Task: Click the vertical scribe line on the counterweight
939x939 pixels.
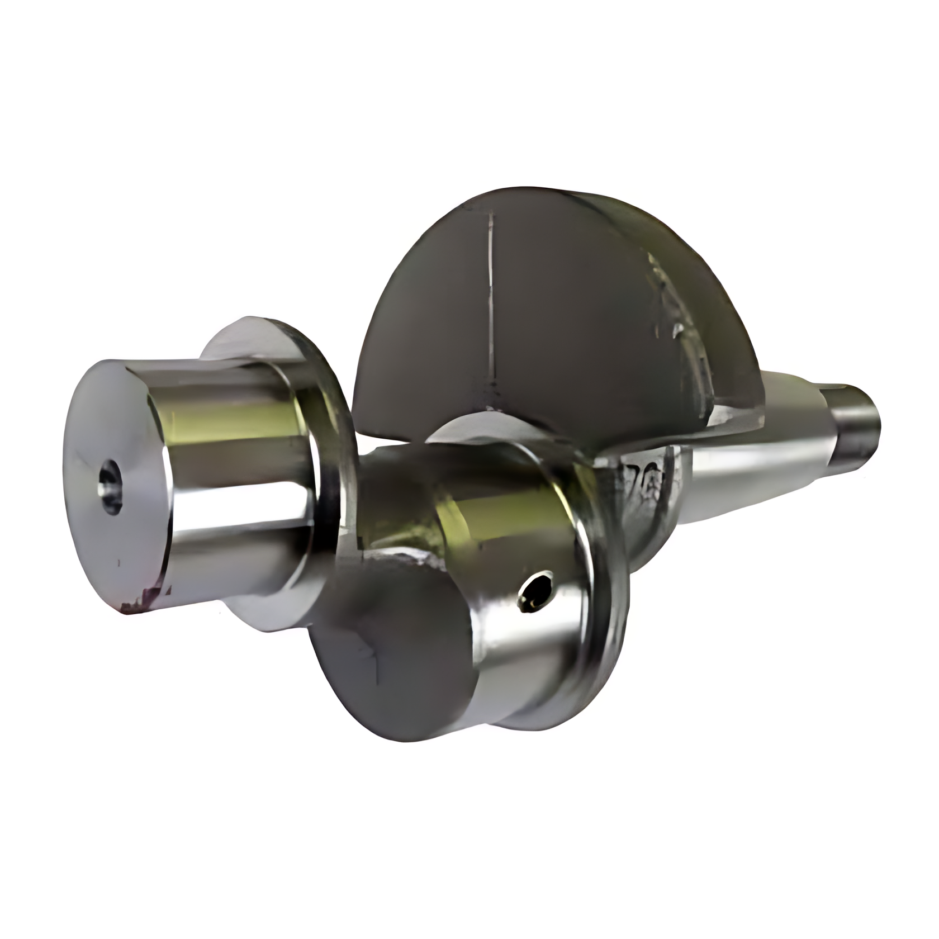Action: point(490,302)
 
